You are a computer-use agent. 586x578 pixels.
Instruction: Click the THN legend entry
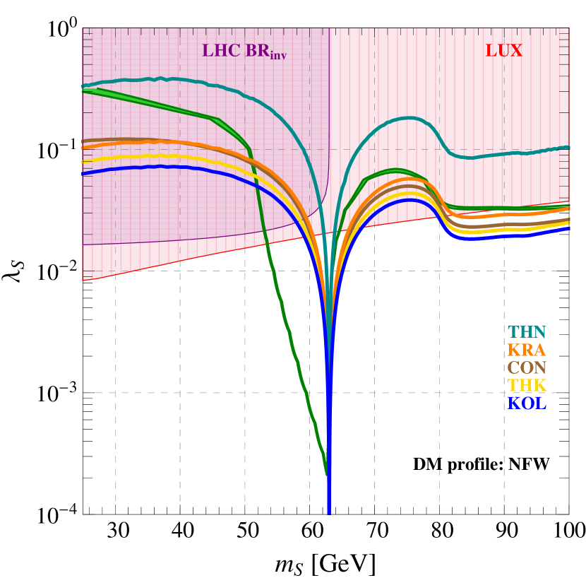click(527, 331)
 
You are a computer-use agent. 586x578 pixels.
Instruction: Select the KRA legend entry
click(527, 350)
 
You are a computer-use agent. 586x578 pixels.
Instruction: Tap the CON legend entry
click(527, 367)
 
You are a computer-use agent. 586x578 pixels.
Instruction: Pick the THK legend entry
click(527, 385)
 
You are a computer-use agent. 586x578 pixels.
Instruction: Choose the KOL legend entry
click(527, 403)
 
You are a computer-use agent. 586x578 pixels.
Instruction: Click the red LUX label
click(503, 51)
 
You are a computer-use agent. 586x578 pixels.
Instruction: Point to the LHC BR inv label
click(246, 52)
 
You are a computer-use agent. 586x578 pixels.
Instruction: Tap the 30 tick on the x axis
click(116, 531)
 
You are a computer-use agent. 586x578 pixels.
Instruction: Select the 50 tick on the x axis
click(245, 531)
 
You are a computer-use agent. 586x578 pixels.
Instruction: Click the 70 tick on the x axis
click(374, 531)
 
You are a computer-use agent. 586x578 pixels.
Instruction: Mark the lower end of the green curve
click(326, 473)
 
